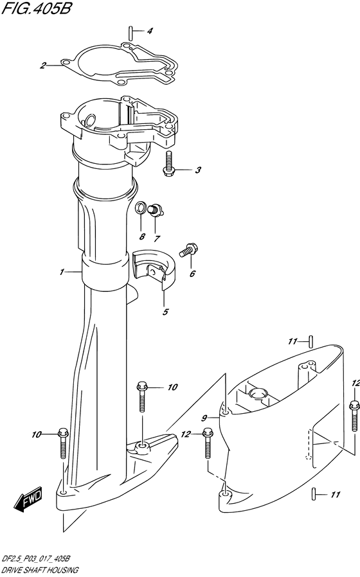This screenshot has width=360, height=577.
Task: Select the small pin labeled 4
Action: pos(131,31)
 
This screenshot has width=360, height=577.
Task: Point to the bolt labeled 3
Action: pos(168,164)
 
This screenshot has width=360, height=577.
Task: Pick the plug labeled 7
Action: pos(154,210)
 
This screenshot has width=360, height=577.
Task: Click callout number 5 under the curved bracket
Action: pos(165,312)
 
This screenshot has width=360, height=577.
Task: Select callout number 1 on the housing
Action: pos(62,272)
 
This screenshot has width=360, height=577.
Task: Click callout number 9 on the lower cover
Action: pos(204,418)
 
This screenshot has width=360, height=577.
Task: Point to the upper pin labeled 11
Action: pos(311,341)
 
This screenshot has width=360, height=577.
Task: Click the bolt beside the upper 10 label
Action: pos(141,397)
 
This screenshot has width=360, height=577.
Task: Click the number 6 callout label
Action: pos(192,274)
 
